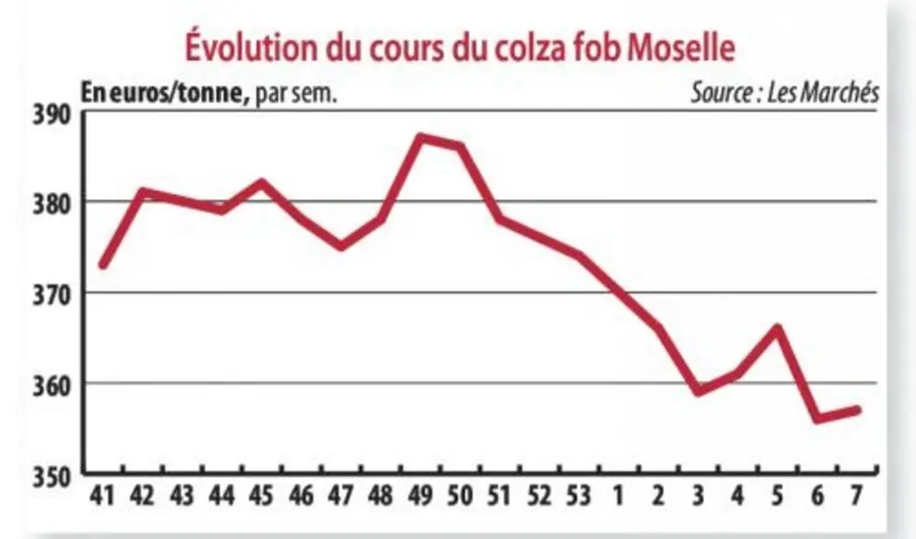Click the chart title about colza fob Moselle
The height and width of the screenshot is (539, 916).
[460, 47]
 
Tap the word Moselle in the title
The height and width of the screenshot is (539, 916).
[681, 48]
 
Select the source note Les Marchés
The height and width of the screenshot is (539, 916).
[785, 93]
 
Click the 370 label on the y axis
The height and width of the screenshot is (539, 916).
[51, 295]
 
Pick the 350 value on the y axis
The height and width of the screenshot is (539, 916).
[51, 477]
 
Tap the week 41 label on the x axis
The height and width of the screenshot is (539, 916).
[102, 496]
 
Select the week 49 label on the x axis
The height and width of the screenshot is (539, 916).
[420, 496]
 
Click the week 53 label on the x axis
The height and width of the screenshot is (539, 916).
[579, 496]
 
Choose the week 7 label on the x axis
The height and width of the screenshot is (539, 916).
[856, 496]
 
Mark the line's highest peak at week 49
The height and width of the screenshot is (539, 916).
[421, 138]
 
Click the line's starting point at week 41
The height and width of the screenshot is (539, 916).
[103, 265]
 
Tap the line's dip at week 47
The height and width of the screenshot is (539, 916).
[341, 246]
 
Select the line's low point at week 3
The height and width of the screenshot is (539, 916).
[698, 391]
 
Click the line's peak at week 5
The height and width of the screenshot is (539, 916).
[778, 328]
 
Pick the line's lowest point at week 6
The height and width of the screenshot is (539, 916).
[817, 418]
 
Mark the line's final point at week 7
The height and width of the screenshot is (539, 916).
[857, 410]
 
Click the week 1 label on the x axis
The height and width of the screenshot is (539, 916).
[618, 496]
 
